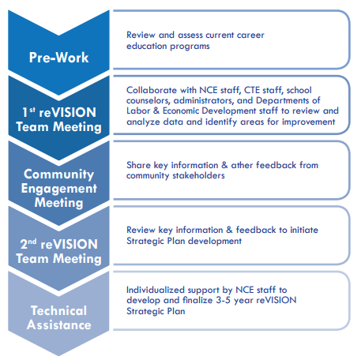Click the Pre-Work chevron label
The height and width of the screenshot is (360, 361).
58,58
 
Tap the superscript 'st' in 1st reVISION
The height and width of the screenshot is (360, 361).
32,110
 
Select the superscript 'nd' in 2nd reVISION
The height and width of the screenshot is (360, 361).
32,242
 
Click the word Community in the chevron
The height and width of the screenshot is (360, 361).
58,174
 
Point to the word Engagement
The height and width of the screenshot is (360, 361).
59,189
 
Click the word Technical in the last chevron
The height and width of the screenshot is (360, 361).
58,310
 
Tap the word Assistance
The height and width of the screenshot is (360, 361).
59,324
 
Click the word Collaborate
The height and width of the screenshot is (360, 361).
152,90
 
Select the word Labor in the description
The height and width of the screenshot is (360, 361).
138,111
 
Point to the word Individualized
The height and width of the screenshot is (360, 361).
156,290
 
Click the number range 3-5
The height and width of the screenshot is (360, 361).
224,300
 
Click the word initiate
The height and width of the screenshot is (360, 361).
304,230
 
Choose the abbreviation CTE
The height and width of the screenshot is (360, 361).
253,90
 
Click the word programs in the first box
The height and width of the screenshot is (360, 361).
190,47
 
